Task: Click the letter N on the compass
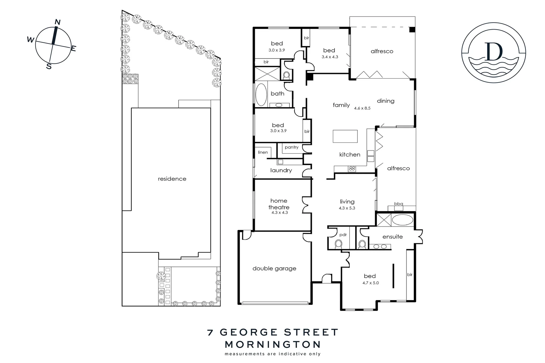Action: tap(57, 22)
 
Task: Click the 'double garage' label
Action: tap(274, 269)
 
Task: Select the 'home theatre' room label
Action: tap(279, 204)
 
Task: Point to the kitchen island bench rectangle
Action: tap(345, 136)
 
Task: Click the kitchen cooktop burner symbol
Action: tap(352, 168)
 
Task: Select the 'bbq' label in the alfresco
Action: tap(398, 204)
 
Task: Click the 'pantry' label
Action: tap(291, 147)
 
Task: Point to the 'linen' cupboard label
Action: tap(263, 152)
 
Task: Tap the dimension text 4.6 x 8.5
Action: tap(362, 108)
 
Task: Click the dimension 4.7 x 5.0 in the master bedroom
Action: tap(371, 283)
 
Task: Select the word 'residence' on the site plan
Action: tap(172, 179)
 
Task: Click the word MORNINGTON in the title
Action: tap(272, 345)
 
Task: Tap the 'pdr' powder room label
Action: tap(343, 235)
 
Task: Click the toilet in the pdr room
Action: tap(339, 243)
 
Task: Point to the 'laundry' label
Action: tap(281, 170)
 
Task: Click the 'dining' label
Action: tap(386, 101)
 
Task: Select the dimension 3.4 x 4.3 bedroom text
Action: tap(330, 57)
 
